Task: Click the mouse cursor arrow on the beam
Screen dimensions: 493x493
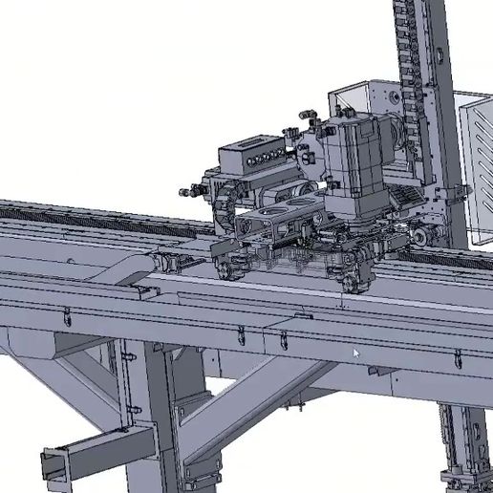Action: (357, 354)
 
